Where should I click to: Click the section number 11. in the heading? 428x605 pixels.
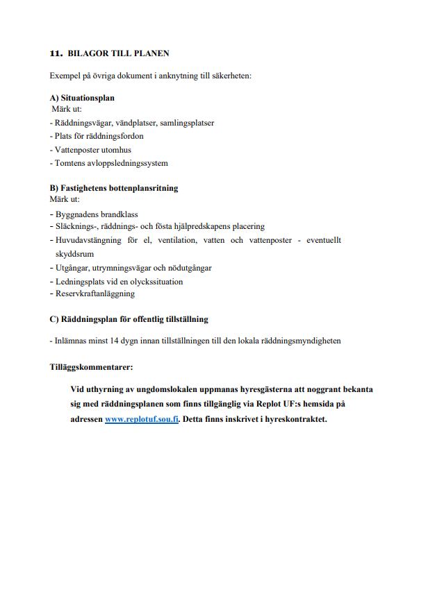coord(56,53)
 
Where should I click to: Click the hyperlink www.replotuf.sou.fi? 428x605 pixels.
coord(142,420)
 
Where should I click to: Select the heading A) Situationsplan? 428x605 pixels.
coord(82,99)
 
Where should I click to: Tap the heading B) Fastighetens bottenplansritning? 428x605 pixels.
coord(114,188)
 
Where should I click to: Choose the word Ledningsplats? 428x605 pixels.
coord(79,281)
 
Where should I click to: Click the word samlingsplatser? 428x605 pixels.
coord(187,123)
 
